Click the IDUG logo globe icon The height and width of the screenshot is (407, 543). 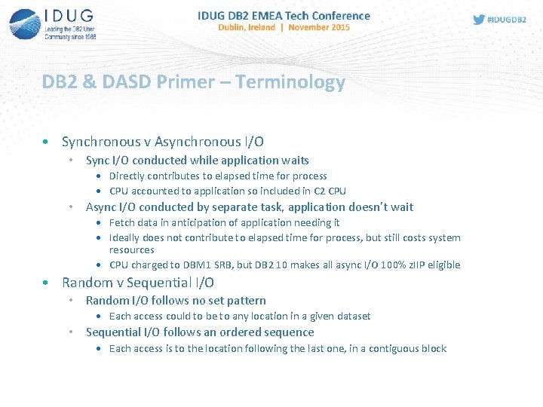[x=24, y=23]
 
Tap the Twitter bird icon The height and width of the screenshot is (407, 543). [x=479, y=19]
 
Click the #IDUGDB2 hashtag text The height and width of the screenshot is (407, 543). [x=508, y=19]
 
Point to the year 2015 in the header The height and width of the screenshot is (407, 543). [x=337, y=27]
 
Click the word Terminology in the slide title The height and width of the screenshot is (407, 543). [x=290, y=82]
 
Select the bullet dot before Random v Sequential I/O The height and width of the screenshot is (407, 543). [x=47, y=283]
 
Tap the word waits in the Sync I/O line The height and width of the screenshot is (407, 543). [x=294, y=160]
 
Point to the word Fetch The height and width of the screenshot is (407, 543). [x=122, y=222]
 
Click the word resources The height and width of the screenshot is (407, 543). [x=131, y=249]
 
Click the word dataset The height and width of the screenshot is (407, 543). [x=351, y=316]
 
